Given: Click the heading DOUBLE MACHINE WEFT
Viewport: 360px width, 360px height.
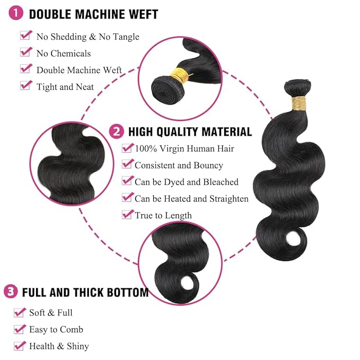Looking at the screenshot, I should coord(93,14).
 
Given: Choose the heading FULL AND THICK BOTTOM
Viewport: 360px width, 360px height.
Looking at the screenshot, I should coord(85,292).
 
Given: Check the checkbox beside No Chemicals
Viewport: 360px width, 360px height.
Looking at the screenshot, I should coord(26,52).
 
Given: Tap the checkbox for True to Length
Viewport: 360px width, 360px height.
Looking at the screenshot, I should coord(127,214).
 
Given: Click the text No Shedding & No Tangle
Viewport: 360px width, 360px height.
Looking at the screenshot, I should coord(87,37).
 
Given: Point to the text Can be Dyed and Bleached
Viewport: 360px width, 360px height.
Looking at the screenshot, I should coord(187,182).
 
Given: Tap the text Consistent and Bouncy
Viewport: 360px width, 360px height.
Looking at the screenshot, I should coord(179,165).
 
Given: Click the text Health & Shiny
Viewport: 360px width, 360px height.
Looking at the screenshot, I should coord(59,346).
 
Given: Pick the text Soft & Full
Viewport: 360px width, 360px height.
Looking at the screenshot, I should coord(51,313).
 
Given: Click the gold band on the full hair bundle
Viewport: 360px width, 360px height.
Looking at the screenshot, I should coord(299,101).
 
